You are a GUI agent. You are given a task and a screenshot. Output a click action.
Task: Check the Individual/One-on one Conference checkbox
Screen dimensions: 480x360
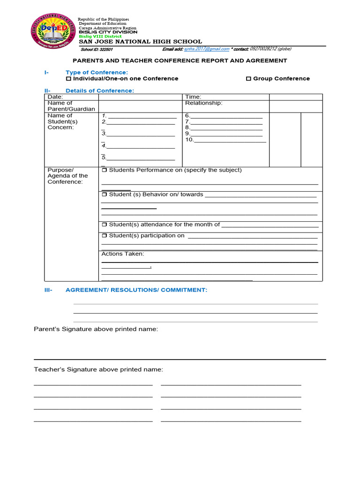click(68, 79)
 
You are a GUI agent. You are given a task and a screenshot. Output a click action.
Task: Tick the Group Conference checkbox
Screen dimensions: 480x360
click(248, 79)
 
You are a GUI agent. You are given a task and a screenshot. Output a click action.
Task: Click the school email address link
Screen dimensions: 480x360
click(213, 49)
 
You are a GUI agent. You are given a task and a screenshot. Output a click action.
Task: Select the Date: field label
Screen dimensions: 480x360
click(55, 97)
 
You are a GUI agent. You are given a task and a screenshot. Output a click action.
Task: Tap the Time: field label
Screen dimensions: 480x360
click(193, 97)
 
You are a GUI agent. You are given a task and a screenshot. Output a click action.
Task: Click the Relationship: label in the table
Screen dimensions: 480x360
click(203, 103)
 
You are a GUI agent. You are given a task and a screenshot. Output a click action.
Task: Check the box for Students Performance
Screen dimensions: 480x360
click(105, 170)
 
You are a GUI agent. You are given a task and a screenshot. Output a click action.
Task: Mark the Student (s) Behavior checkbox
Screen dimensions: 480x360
click(105, 195)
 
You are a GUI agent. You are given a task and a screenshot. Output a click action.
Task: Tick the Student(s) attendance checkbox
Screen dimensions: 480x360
click(105, 225)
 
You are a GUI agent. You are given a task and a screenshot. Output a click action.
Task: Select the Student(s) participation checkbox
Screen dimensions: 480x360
click(105, 236)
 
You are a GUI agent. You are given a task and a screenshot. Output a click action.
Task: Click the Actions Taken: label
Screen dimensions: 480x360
click(123, 254)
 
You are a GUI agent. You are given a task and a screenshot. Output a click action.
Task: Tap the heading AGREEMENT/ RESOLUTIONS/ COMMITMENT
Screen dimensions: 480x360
click(136, 290)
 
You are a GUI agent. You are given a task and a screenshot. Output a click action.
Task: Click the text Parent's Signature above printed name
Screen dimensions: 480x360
click(96, 330)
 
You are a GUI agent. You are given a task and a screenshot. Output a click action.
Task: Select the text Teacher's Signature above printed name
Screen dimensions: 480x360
click(98, 370)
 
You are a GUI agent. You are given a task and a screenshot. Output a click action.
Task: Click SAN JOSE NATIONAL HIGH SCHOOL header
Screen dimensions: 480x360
click(140, 42)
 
